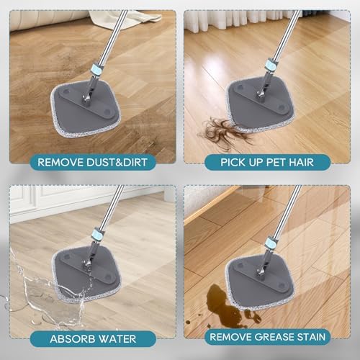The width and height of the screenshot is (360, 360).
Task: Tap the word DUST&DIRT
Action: coord(117,163)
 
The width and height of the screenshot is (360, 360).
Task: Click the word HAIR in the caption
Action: coord(302,163)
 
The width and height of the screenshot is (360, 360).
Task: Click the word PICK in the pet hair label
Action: coord(232,163)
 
